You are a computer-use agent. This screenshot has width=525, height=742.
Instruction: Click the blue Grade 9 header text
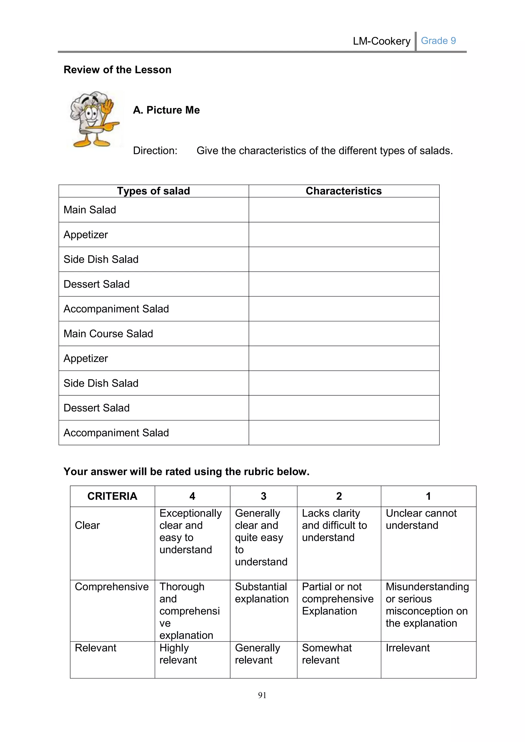[x=438, y=41]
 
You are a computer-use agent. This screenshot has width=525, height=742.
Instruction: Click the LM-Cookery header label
[x=381, y=41]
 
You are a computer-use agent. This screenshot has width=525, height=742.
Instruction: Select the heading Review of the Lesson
[x=117, y=69]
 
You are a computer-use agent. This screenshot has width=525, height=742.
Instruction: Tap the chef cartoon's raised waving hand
[x=108, y=105]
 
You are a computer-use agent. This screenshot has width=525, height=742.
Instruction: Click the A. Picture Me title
[x=166, y=110]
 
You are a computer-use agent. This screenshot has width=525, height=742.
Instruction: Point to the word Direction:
[x=155, y=151]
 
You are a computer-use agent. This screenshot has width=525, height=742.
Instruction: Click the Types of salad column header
[x=153, y=191]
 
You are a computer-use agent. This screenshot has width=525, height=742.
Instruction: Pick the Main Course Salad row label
[x=108, y=334]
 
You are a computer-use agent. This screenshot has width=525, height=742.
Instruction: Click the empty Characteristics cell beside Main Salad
[x=344, y=210]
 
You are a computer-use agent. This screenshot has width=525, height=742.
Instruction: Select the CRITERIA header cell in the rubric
[x=112, y=496]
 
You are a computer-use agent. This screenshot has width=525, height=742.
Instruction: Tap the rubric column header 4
[x=192, y=496]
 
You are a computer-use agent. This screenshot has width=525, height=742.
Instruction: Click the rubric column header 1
[x=428, y=496]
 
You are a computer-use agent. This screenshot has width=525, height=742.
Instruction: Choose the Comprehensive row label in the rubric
[x=112, y=586]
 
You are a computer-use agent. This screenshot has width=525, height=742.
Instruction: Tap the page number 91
[x=262, y=695]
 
